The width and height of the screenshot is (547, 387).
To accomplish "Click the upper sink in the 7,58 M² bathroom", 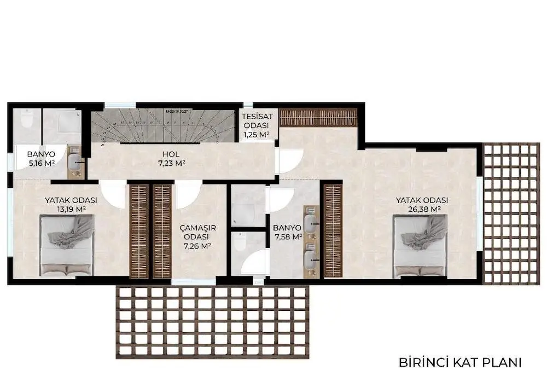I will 310,221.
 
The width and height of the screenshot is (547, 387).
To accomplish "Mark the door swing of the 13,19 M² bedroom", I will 114,194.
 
